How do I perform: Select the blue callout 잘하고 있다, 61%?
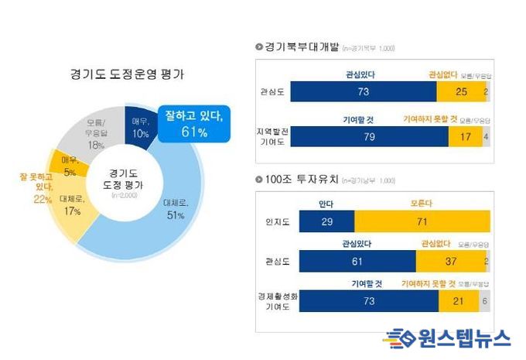tap(194, 124)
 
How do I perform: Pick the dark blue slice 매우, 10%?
tap(139, 122)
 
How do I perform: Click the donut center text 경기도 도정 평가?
tap(125, 180)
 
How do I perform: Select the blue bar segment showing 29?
tap(326, 221)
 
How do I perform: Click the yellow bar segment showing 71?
tap(422, 221)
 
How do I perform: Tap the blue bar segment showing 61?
tap(357, 261)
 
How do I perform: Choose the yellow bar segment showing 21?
tap(458, 301)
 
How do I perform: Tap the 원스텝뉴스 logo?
tap(447, 338)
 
